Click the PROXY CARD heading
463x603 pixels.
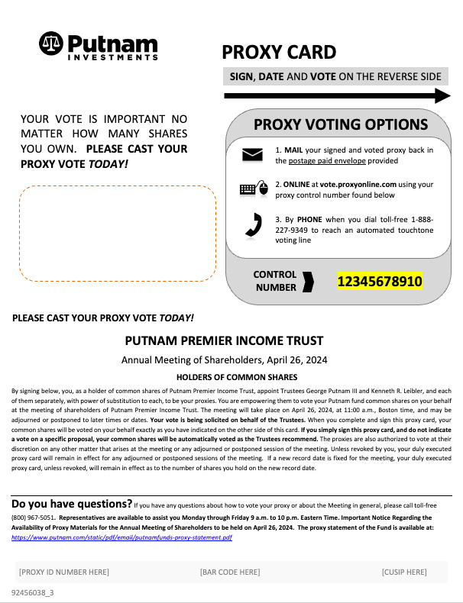(x=278, y=52)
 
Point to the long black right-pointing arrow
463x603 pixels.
(x=336, y=95)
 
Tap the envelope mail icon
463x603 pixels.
(x=252, y=155)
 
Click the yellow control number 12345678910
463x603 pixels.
(x=380, y=282)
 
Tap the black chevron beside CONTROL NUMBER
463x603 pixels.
(x=308, y=282)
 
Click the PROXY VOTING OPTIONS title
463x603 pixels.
(x=340, y=124)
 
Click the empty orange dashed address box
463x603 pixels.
(x=117, y=233)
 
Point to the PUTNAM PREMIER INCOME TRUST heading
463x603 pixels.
(x=224, y=341)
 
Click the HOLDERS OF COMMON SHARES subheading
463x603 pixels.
(x=226, y=377)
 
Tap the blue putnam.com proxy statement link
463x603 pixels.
(x=121, y=537)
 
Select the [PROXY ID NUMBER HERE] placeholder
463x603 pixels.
(x=63, y=572)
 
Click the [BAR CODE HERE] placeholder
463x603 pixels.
(x=229, y=572)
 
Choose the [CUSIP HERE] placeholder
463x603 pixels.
(x=403, y=572)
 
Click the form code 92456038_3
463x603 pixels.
(x=33, y=592)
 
